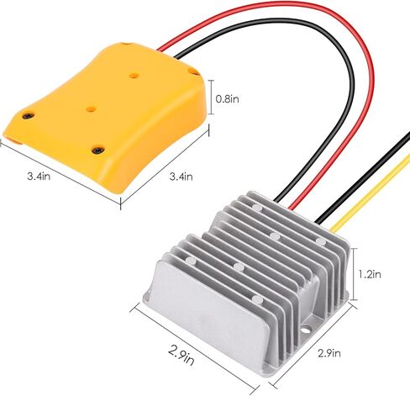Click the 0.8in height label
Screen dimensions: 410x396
(x=227, y=99)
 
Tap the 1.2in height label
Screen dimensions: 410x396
(x=370, y=274)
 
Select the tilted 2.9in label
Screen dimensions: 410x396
(x=181, y=355)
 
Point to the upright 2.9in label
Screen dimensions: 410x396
(x=329, y=353)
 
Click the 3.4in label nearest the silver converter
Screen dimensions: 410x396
(x=181, y=177)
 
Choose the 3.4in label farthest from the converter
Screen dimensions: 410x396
(x=39, y=176)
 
